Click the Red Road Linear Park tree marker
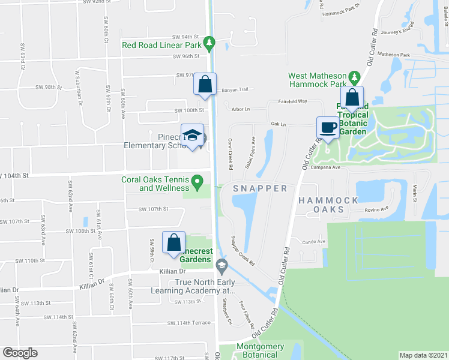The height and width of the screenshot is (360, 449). click(x=209, y=44)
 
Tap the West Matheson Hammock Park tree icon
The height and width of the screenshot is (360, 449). click(x=354, y=76)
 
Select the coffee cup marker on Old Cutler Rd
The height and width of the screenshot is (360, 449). click(x=327, y=127)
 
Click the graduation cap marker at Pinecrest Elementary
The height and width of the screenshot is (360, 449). click(x=193, y=137)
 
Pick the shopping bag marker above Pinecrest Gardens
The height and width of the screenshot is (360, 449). click(x=173, y=242)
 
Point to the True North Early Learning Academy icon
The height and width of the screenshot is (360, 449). click(x=221, y=265)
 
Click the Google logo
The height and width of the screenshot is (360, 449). click(x=20, y=353)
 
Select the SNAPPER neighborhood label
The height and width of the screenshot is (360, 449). click(x=260, y=188)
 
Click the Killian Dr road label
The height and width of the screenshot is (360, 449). click(x=92, y=280)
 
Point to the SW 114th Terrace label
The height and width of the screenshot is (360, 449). click(x=189, y=323)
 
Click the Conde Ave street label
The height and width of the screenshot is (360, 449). click(x=313, y=242)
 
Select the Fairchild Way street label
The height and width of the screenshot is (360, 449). click(x=292, y=101)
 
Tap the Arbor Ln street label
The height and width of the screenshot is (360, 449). click(x=240, y=109)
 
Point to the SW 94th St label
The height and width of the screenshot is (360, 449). click(x=185, y=37)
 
